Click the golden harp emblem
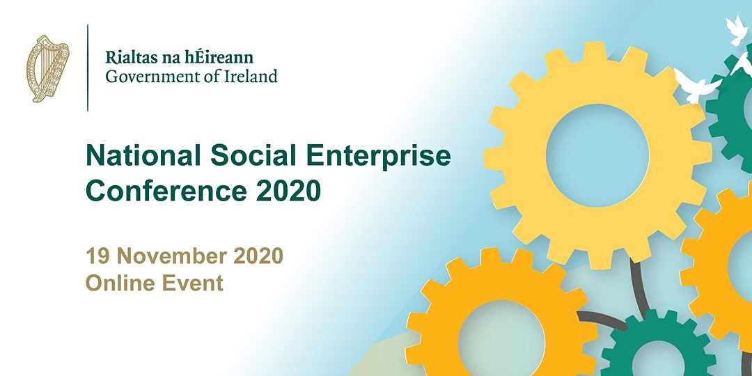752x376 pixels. click(47, 68)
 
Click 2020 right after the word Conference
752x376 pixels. click(288, 190)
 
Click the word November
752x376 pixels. click(172, 256)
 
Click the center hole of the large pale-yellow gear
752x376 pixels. click(597, 155)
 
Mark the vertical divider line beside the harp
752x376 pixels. click(88, 68)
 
